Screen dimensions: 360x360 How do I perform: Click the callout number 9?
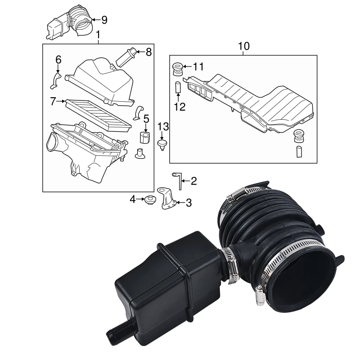104,19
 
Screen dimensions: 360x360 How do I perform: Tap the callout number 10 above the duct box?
243,46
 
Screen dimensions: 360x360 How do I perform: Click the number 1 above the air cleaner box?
99,35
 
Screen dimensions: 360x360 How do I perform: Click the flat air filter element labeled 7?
94,113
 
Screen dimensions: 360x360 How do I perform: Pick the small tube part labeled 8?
126,57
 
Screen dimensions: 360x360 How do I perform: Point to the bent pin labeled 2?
179,180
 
